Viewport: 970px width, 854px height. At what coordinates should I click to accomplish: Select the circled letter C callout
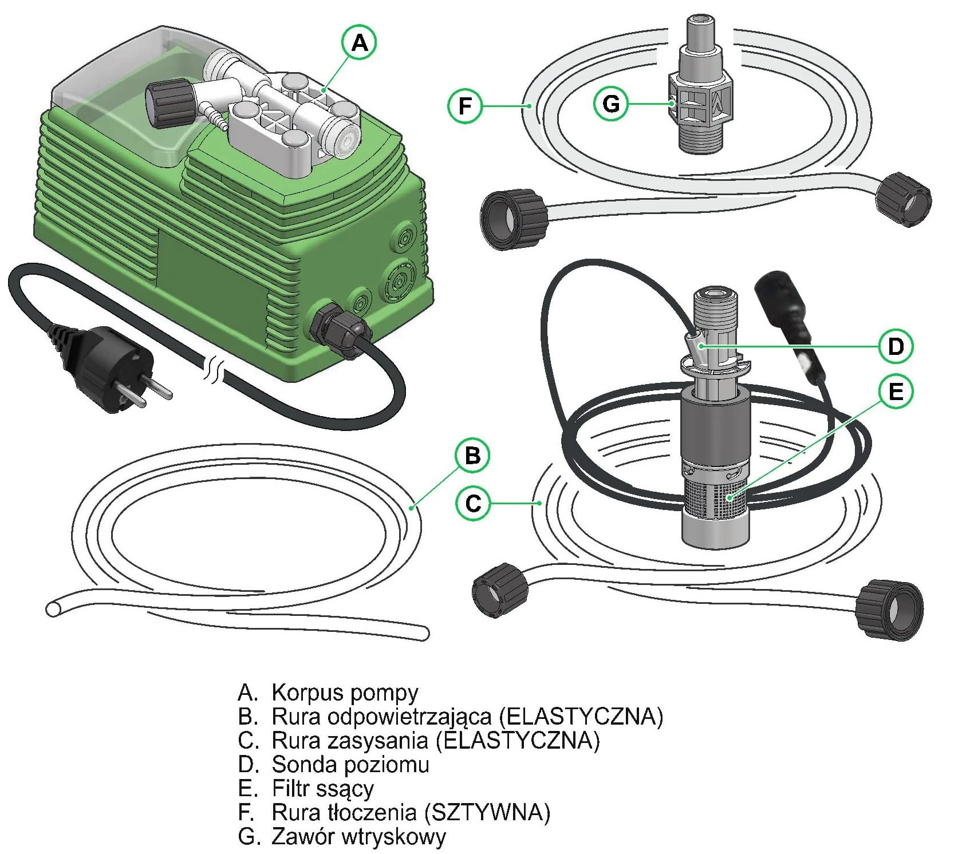pyautogui.click(x=473, y=503)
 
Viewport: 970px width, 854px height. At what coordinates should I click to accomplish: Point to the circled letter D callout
pyautogui.click(x=895, y=346)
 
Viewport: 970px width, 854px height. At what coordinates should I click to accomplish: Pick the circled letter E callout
pyautogui.click(x=895, y=392)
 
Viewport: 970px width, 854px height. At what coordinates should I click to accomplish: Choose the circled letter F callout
pyautogui.click(x=465, y=105)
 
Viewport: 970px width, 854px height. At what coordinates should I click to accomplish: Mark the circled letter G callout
pyautogui.click(x=611, y=104)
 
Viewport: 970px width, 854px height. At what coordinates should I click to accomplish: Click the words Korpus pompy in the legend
pyautogui.click(x=345, y=692)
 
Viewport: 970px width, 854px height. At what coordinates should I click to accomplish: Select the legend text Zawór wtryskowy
pyautogui.click(x=358, y=836)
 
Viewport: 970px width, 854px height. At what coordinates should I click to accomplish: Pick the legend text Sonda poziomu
pyautogui.click(x=350, y=764)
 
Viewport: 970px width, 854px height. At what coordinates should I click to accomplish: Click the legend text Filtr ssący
pyautogui.click(x=322, y=789)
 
